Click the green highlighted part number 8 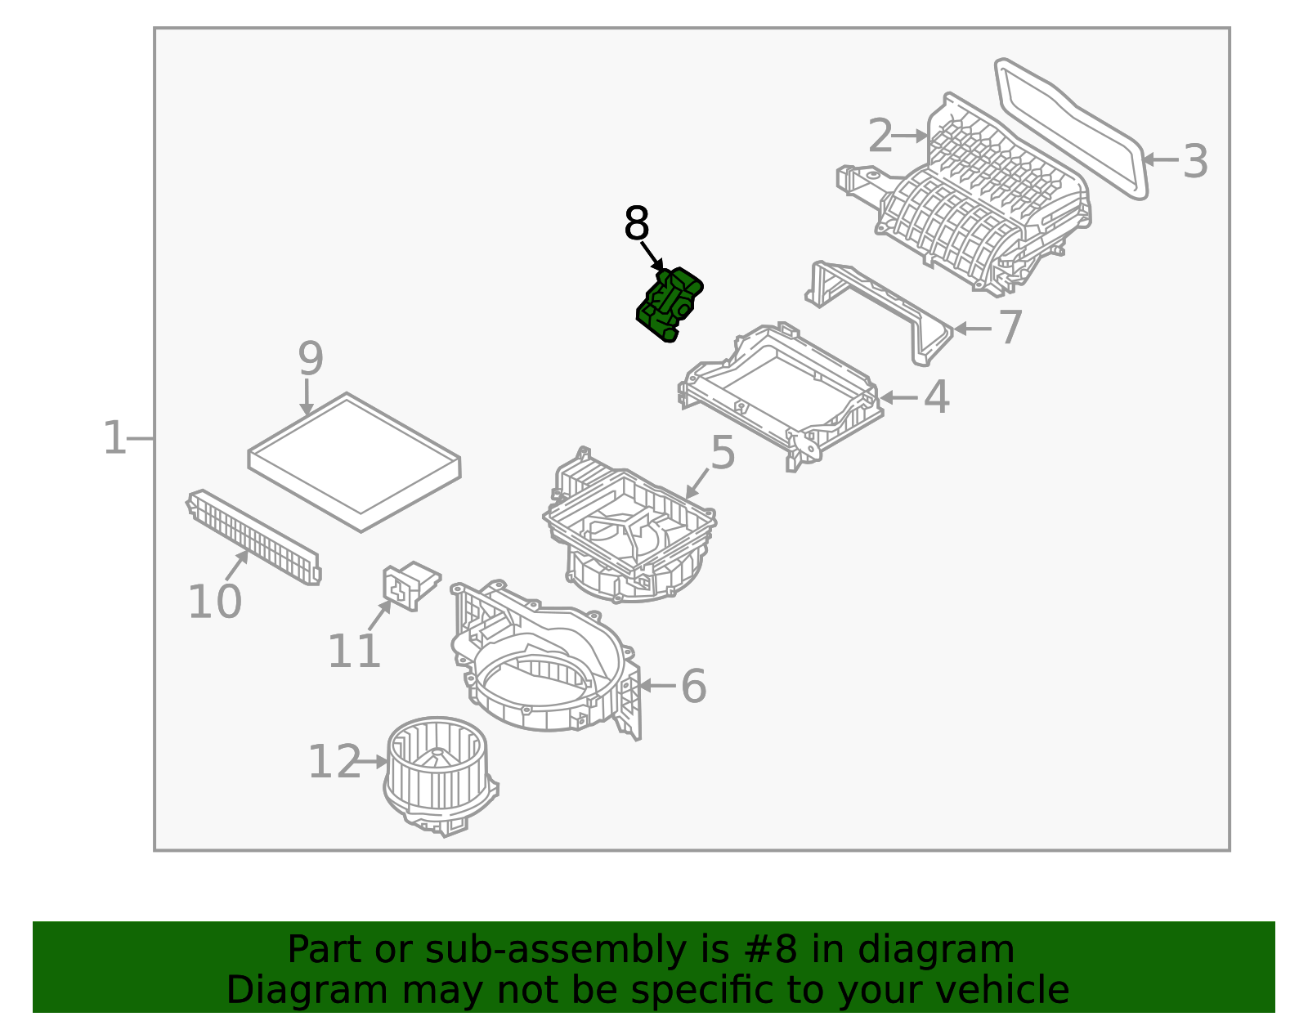670,305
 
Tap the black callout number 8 636,224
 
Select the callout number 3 1194,162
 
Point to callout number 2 880,137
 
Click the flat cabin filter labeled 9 354,462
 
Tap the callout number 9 310,359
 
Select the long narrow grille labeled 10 253,536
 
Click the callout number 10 214,602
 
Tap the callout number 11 354,652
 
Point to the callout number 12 334,763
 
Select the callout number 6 693,686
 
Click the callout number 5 723,453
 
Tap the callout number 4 936,398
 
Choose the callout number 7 1010,328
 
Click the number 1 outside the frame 114,438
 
